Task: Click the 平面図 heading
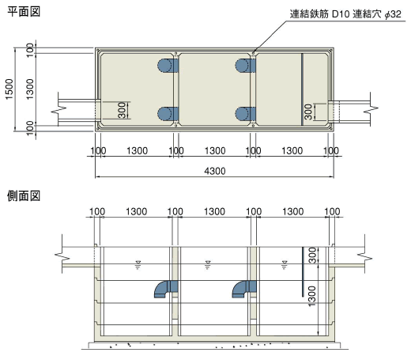(24, 12)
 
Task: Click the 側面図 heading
(24, 196)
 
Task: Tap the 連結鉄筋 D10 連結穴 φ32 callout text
(345, 14)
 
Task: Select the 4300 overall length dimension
(215, 171)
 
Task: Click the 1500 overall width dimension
(9, 89)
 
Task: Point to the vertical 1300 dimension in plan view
(30, 89)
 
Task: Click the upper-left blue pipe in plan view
(168, 66)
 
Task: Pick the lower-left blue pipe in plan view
(168, 114)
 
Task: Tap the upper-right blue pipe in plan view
(245, 66)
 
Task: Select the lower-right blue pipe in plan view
(245, 114)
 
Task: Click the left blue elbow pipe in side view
(166, 289)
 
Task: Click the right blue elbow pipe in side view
(244, 289)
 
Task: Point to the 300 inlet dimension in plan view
(122, 111)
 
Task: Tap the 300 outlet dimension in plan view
(308, 112)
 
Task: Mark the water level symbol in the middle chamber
(208, 264)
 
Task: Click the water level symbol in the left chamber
(138, 264)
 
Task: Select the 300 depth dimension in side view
(312, 256)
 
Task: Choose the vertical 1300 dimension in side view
(312, 297)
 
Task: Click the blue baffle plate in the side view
(303, 271)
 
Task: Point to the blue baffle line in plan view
(302, 89)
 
